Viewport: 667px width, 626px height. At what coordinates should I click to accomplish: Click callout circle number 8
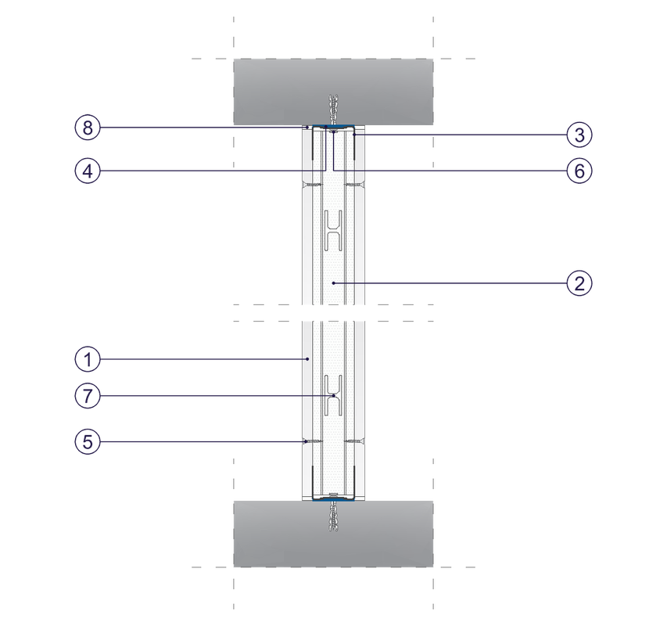[x=88, y=128]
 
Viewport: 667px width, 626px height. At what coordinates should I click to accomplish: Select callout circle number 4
[x=88, y=171]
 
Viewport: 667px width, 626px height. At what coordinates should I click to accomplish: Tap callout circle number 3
[x=579, y=135]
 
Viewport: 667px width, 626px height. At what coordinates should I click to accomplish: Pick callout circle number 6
[x=579, y=171]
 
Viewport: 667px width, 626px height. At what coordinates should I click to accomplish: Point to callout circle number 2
[x=579, y=283]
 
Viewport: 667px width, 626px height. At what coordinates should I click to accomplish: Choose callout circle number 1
[x=88, y=359]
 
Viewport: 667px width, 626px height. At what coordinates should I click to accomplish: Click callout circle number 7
[x=88, y=396]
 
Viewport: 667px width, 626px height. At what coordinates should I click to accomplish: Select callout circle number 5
[x=88, y=441]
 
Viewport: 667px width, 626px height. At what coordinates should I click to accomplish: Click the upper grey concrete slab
[x=333, y=92]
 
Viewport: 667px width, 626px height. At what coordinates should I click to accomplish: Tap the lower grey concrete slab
[x=333, y=534]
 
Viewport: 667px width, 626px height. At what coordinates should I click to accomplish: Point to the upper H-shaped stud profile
[x=333, y=230]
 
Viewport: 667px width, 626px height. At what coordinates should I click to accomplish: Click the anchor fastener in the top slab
[x=333, y=110]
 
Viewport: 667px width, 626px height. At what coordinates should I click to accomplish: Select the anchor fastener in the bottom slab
[x=333, y=516]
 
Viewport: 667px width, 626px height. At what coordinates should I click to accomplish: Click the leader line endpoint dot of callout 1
[x=307, y=359]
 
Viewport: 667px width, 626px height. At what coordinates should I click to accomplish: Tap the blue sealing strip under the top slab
[x=333, y=127]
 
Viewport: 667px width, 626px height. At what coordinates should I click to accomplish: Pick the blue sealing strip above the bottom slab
[x=333, y=499]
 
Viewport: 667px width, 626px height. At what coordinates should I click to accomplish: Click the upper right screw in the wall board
[x=355, y=185]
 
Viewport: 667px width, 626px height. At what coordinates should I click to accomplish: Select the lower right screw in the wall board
[x=355, y=441]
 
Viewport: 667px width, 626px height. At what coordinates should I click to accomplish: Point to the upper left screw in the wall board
[x=312, y=185]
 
